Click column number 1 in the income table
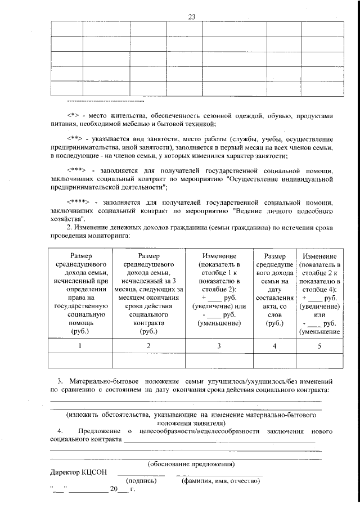81,346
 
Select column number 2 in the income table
148,346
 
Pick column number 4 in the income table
274,346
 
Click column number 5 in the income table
319,346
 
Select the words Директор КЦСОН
78,472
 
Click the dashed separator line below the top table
105,102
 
